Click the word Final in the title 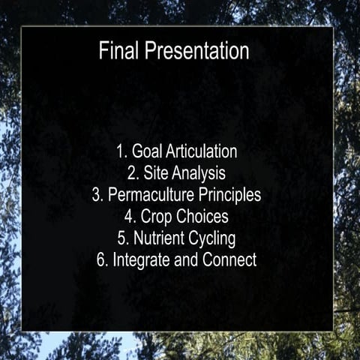point(118,51)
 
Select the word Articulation point(201,151)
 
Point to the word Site point(154,174)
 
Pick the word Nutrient point(157,239)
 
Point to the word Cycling point(211,240)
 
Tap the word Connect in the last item point(229,261)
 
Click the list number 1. point(120,151)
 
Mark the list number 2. point(131,174)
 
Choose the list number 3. point(97,195)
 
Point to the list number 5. point(121,239)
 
